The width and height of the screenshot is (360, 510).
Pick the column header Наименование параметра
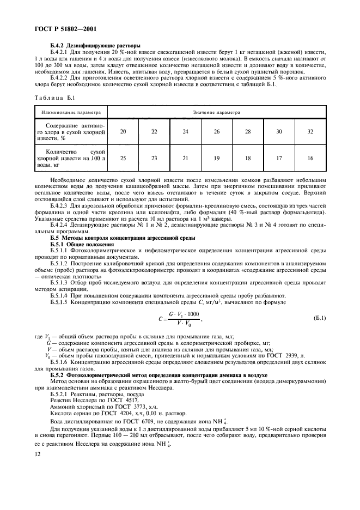coord(69,113)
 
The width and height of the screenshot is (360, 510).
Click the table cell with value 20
coord(123,131)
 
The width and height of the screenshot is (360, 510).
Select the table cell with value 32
coord(310,131)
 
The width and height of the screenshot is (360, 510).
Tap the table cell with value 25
coord(123,158)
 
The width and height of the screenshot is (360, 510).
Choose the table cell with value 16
coord(310,158)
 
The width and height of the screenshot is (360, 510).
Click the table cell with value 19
coord(217,158)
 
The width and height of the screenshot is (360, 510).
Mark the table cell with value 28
coord(248,131)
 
